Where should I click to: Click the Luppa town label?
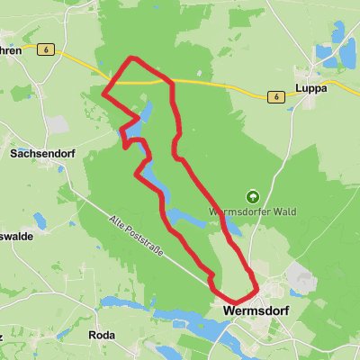coord(310,89)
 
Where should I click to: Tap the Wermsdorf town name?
coord(254,310)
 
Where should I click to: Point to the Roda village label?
coord(102,334)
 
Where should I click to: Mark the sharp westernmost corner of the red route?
coord(104,93)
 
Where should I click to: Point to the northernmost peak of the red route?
coord(135,59)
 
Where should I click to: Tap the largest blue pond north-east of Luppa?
coord(346,57)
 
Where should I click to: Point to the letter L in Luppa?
coord(298,89)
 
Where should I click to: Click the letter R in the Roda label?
coord(92,334)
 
